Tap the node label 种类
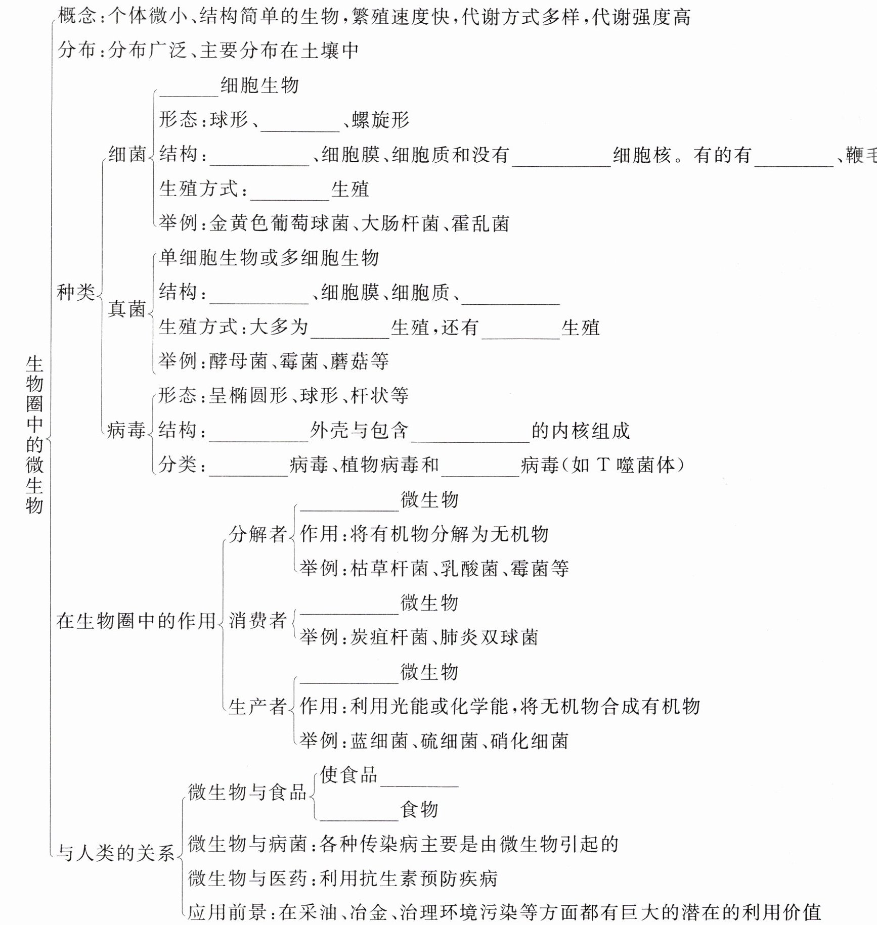tap(76, 292)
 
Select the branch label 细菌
tap(127, 154)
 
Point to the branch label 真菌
tap(127, 308)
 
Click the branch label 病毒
tap(126, 430)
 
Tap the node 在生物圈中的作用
tap(136, 621)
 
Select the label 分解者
tap(258, 534)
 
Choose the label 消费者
tap(258, 620)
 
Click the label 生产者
tap(258, 706)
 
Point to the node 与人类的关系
tap(115, 853)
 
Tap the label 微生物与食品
tap(247, 792)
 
